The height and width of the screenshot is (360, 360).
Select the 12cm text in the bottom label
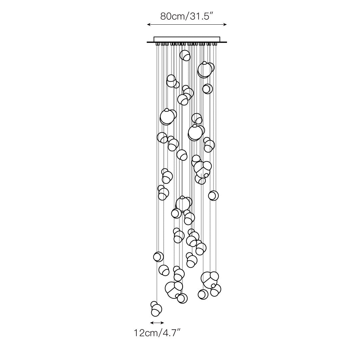click(145, 333)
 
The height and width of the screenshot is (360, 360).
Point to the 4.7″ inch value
click(170, 333)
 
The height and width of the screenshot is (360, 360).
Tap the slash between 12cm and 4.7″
click(158, 333)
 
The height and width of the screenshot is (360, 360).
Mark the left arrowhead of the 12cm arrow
click(152, 323)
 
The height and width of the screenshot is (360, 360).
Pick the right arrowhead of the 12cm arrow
click(163, 323)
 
